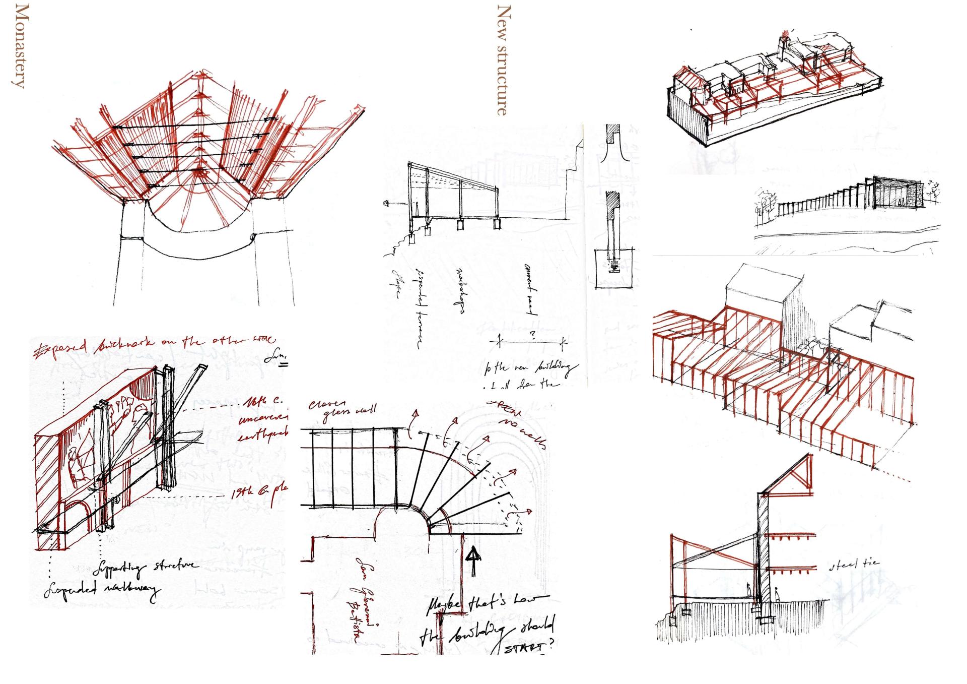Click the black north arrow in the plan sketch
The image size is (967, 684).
pyautogui.click(x=473, y=560)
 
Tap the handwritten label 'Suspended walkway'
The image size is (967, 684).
pyautogui.click(x=101, y=591)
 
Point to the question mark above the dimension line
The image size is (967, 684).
pyautogui.click(x=532, y=334)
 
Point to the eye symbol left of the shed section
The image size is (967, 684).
pyautogui.click(x=387, y=204)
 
